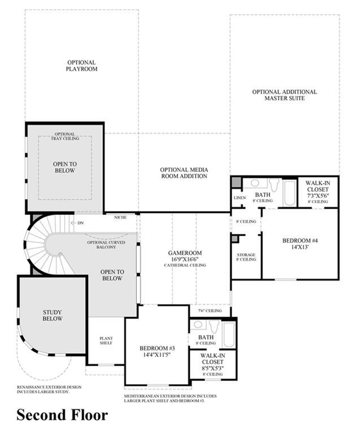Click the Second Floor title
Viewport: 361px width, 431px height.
pyautogui.click(x=62, y=415)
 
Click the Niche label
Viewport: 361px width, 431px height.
pyautogui.click(x=120, y=217)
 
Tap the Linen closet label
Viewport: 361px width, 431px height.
pyautogui.click(x=240, y=197)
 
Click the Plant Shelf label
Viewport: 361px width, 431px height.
pyautogui.click(x=106, y=341)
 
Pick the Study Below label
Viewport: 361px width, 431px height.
pyautogui.click(x=53, y=315)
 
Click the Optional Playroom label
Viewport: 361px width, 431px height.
pyautogui.click(x=81, y=66)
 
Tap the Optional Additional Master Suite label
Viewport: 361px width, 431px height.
pyautogui.click(x=284, y=95)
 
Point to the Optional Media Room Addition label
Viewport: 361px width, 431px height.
pyautogui.click(x=184, y=173)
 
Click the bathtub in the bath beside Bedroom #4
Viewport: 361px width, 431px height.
pyautogui.click(x=289, y=193)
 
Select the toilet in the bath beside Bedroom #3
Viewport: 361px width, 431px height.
pyautogui.click(x=214, y=326)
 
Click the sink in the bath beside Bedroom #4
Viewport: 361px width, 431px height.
pyautogui.click(x=255, y=183)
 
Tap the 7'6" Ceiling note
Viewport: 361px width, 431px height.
pyautogui.click(x=210, y=311)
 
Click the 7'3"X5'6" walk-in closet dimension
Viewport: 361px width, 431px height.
pyautogui.click(x=317, y=196)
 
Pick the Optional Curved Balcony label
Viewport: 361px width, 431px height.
pyautogui.click(x=106, y=245)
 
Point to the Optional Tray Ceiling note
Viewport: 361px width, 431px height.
pyautogui.click(x=65, y=136)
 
